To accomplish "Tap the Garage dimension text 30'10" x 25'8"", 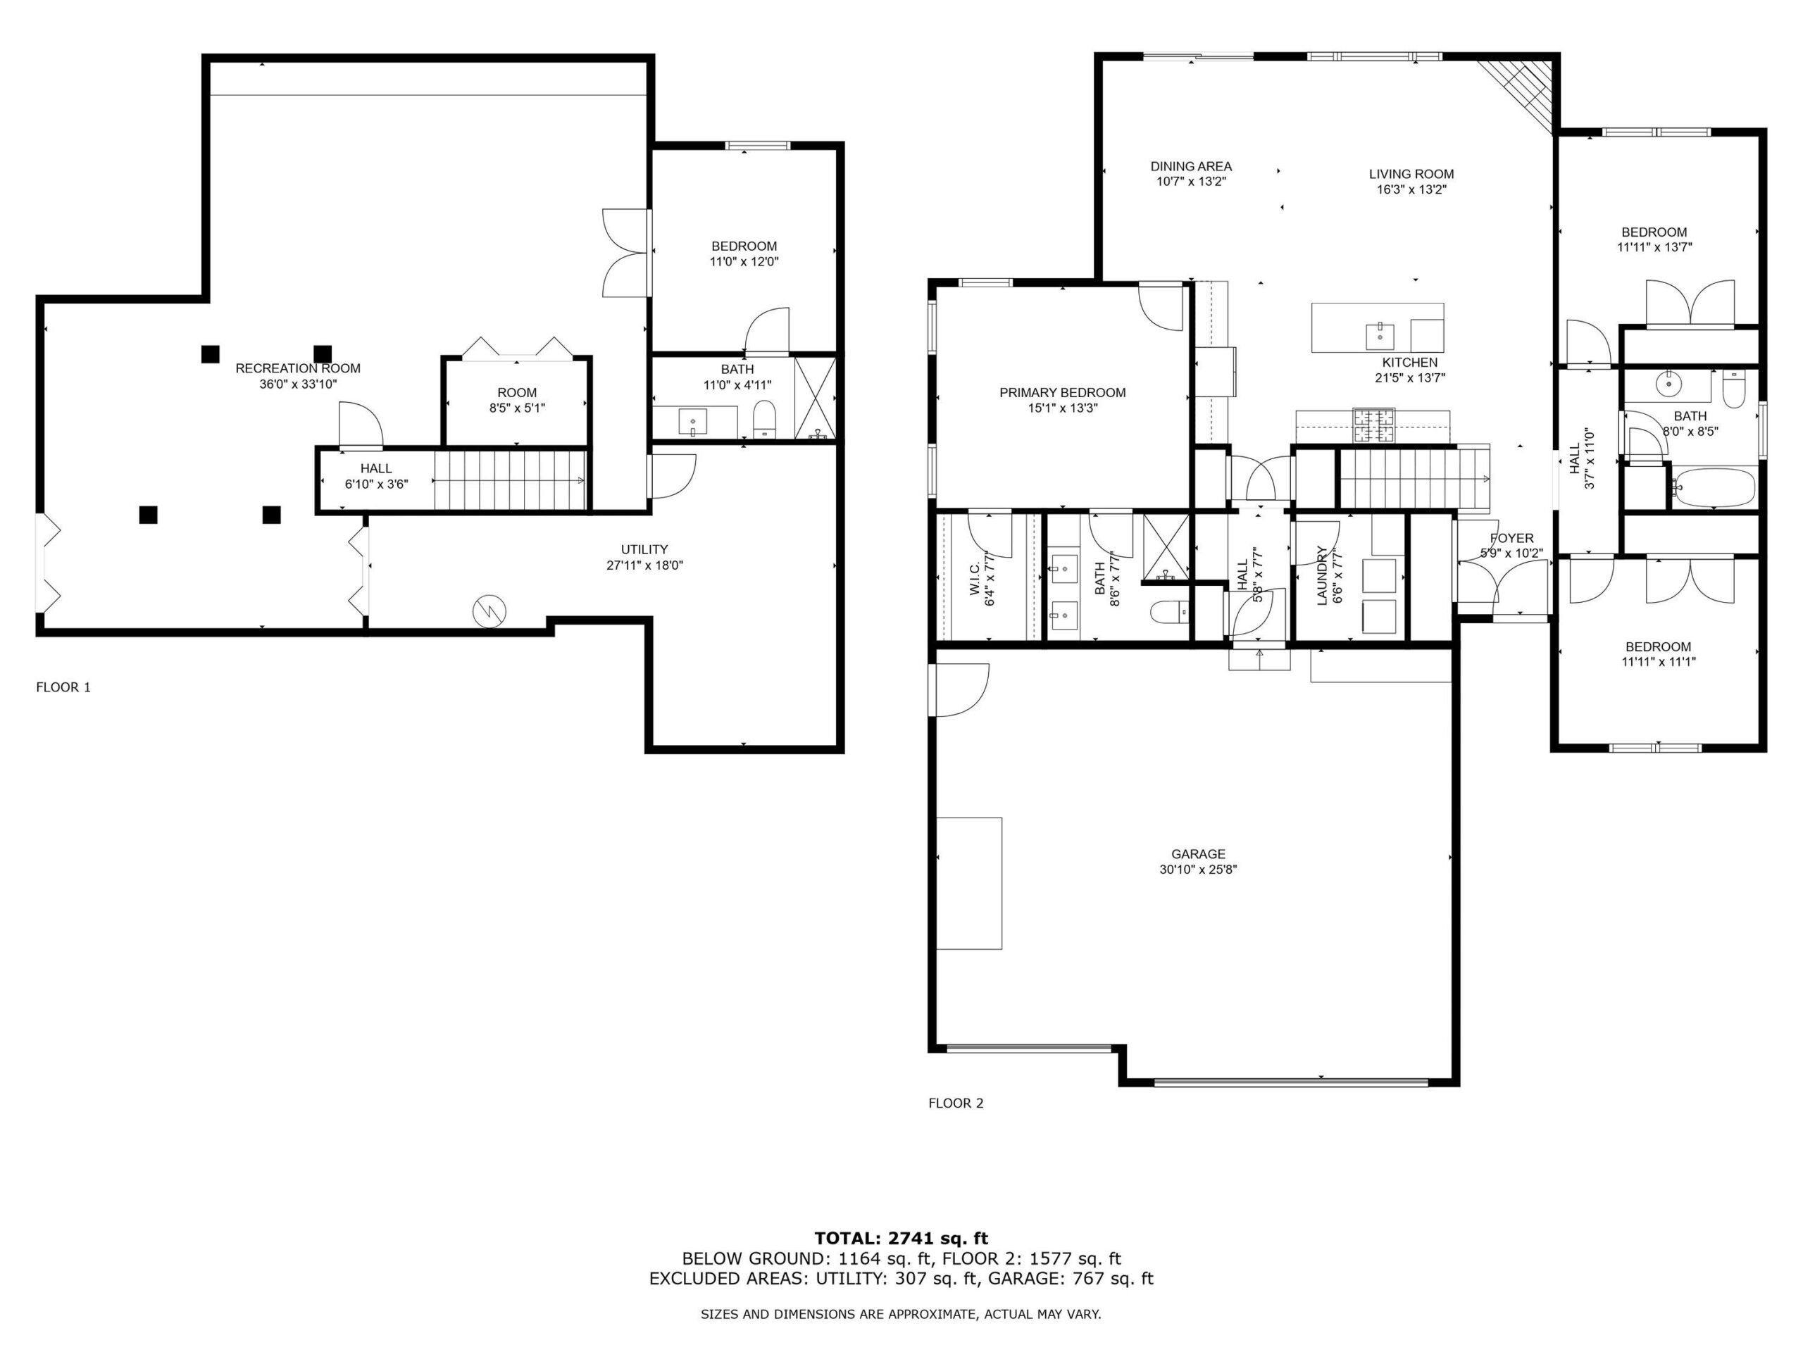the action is click(x=1198, y=870).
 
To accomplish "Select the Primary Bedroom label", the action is click(x=1062, y=393).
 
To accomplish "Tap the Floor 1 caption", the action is click(x=63, y=687).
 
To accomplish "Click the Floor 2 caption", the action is click(x=956, y=1103).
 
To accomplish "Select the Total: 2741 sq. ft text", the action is click(x=901, y=1239).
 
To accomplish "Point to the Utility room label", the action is click(x=644, y=549).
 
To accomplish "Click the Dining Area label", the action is click(x=1191, y=166).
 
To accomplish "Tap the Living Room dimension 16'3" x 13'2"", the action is click(x=1411, y=189).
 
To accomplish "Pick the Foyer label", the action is click(x=1511, y=539).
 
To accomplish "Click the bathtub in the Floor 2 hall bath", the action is click(x=1711, y=487).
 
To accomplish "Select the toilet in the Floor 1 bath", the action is click(x=765, y=418).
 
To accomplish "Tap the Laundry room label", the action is click(x=1322, y=575).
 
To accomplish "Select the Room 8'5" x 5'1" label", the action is click(x=517, y=400).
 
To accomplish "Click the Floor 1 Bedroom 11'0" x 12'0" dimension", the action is click(x=744, y=262).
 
